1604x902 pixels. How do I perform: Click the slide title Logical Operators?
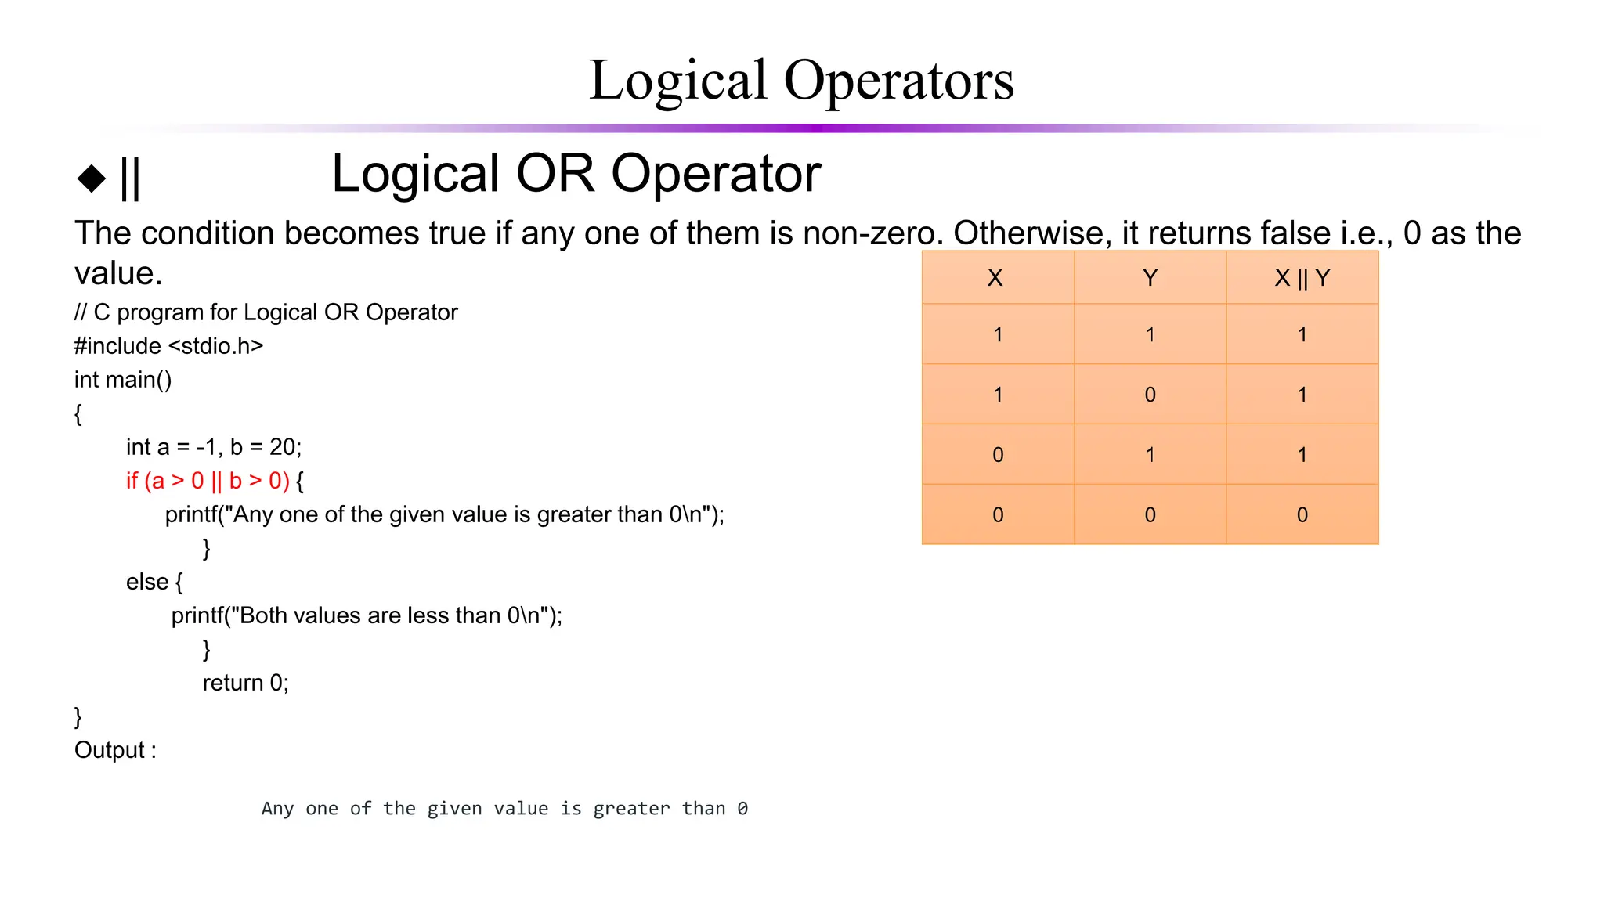[800, 80]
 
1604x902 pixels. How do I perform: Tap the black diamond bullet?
[92, 178]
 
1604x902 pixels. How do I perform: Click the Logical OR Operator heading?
[576, 173]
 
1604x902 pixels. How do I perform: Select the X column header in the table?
[995, 278]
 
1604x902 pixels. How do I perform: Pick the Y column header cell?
[1150, 278]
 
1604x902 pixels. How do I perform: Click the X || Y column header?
[1302, 278]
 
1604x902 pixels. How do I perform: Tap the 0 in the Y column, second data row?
[1150, 395]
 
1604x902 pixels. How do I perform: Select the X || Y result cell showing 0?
[1302, 515]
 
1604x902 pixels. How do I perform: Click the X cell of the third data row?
[998, 455]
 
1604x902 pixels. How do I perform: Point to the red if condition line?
[208, 481]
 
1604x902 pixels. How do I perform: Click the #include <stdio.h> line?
[168, 346]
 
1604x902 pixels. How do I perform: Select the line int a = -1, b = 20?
[213, 447]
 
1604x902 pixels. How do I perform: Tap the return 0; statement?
[245, 683]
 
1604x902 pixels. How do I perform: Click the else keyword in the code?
[146, 582]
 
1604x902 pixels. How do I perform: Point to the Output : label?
[115, 750]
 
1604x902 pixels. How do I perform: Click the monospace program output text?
[504, 808]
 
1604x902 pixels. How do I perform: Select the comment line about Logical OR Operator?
[266, 312]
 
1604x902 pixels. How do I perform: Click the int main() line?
[123, 380]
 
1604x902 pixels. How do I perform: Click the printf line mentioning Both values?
[367, 615]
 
